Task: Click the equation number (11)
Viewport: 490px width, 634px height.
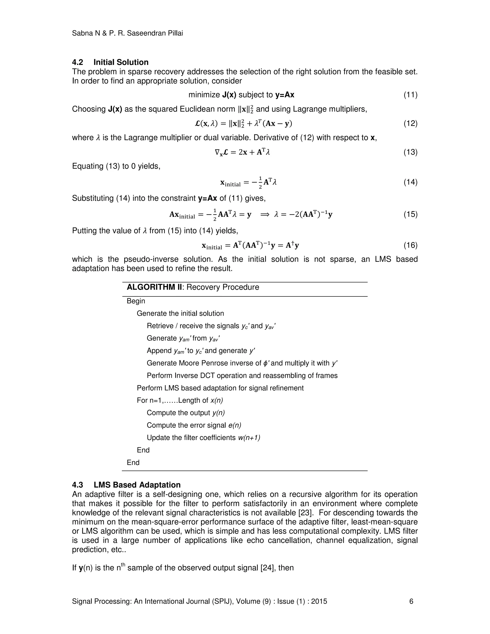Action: tap(410, 95)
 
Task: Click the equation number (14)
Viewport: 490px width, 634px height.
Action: tap(410, 182)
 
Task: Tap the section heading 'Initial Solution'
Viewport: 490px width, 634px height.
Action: tap(121, 62)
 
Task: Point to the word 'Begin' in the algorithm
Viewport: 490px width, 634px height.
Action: tap(136, 301)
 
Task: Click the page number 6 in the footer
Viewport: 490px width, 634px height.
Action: tap(411, 601)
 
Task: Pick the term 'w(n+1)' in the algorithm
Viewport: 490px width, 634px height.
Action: tap(249, 438)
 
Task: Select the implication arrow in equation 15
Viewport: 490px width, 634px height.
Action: tap(265, 215)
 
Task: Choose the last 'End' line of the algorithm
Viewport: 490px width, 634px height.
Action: tap(133, 462)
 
